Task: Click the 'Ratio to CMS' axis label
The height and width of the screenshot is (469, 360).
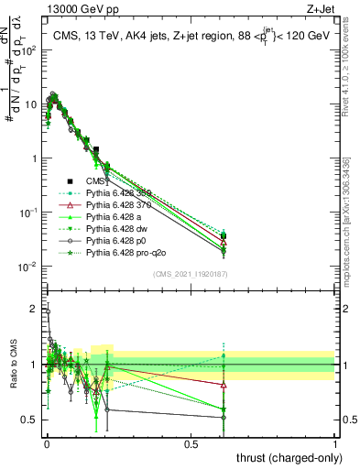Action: pos(11,365)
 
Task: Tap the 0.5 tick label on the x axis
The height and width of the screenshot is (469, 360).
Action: pos(191,443)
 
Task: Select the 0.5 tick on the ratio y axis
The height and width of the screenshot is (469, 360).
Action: pos(31,420)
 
